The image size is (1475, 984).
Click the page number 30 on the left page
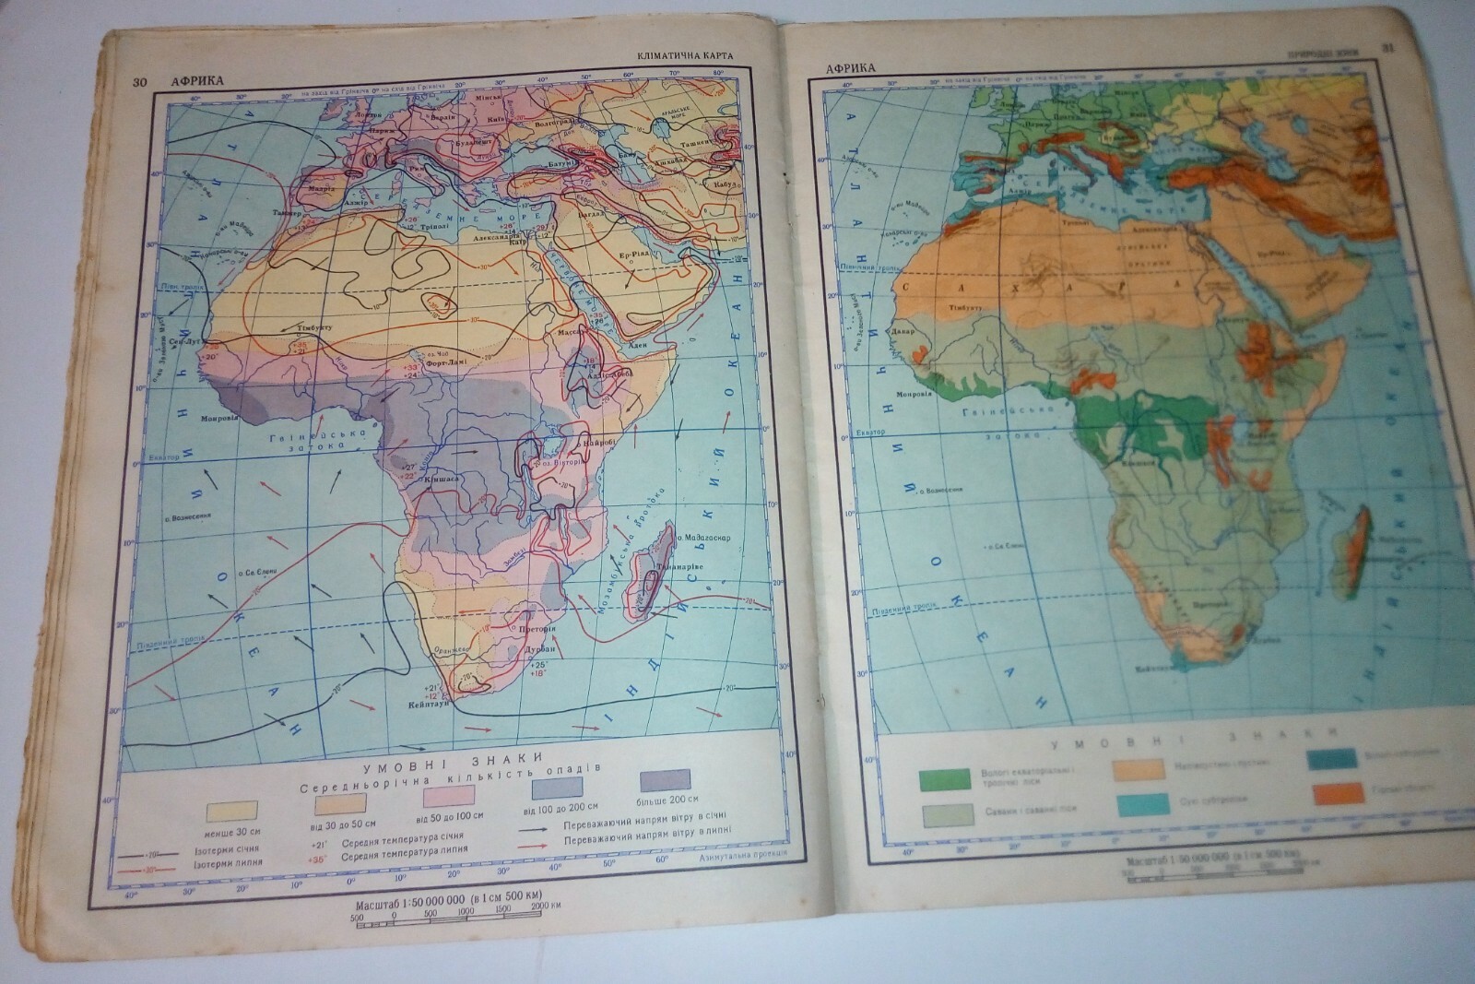click(x=140, y=83)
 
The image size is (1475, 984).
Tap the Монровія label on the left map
click(x=218, y=417)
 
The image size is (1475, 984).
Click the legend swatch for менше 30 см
click(x=230, y=810)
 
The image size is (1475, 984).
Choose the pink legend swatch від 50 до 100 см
click(x=447, y=794)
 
